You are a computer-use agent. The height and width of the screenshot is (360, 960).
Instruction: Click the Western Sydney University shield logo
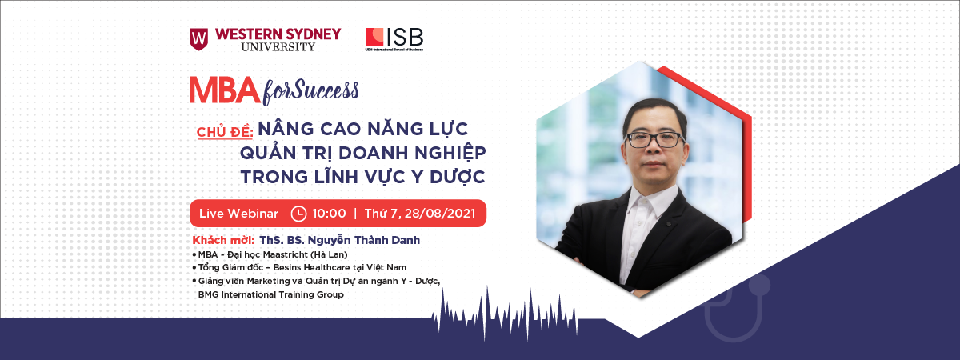pos(199,39)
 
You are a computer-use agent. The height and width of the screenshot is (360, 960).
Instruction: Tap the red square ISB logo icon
pos(374,37)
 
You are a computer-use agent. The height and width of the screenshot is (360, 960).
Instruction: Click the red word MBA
pos(225,90)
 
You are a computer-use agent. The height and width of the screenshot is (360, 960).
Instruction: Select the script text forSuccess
pos(310,91)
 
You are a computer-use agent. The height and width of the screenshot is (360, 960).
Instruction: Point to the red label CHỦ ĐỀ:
pos(225,131)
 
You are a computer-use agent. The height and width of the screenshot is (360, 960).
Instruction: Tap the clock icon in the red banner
pos(298,214)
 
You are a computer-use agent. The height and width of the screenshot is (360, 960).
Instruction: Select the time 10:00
pos(329,214)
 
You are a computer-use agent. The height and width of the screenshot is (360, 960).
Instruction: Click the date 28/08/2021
pos(440,214)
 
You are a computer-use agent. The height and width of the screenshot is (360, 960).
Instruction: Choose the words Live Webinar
pos(238,214)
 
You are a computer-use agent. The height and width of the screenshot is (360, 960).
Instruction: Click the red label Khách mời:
pos(223,240)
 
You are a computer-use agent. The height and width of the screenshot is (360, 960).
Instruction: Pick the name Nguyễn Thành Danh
pos(364,240)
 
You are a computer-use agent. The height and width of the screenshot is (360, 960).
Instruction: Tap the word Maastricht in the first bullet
pos(286,254)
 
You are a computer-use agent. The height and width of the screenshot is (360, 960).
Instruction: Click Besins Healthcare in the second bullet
pos(311,267)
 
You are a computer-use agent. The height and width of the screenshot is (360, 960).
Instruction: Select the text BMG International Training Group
pos(271,295)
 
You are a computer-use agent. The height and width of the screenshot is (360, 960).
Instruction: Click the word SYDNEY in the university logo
pos(314,34)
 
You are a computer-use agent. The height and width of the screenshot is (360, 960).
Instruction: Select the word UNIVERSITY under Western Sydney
pos(278,46)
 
